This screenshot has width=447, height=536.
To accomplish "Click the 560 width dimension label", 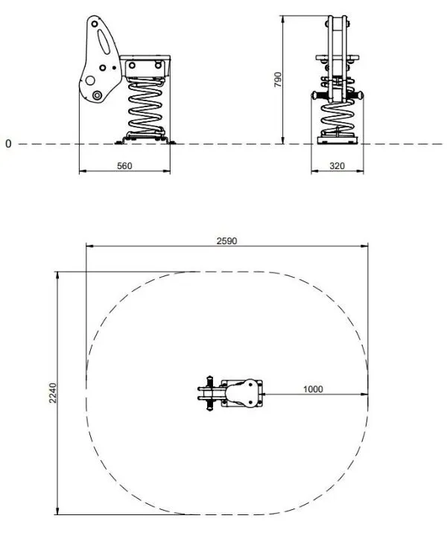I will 124,166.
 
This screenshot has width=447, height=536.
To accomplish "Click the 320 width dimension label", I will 337,166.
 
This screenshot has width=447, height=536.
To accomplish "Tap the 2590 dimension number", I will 227,240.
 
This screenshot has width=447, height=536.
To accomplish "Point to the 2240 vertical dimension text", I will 52,393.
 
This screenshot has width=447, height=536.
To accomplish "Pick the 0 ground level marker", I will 8,143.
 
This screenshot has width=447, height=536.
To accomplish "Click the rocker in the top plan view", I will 243,393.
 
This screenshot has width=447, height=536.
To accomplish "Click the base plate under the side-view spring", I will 147,138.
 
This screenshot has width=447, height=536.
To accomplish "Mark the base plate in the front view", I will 338,139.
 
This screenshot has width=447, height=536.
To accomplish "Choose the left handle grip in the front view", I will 318,96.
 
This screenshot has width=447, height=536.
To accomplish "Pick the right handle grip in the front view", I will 358,96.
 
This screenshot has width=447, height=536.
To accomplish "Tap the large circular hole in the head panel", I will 90,80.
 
